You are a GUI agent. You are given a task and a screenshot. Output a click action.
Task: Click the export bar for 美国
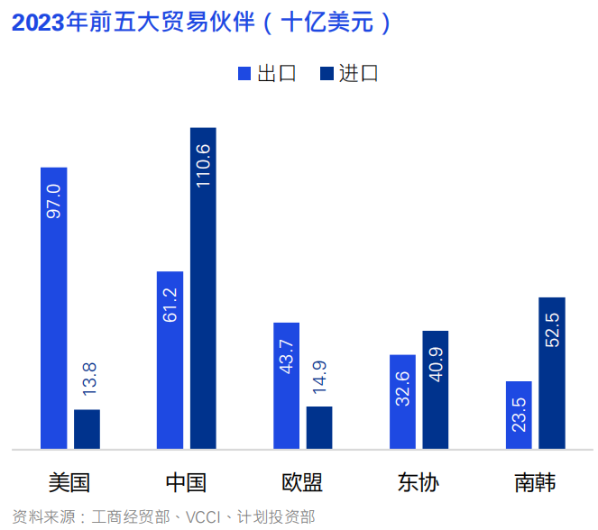[54, 307]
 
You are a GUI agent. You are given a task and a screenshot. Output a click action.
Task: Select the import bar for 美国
[87, 429]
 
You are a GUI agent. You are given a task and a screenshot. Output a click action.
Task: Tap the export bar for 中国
[170, 360]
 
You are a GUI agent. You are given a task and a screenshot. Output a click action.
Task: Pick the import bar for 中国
[203, 288]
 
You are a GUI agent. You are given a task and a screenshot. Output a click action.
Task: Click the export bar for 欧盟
[286, 385]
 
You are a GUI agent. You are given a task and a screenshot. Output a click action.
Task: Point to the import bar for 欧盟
[319, 427]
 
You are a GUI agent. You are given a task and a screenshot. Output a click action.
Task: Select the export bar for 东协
[402, 401]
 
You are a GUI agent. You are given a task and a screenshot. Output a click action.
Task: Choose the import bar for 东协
[435, 389]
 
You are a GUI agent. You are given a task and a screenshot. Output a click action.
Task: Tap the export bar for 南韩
[519, 415]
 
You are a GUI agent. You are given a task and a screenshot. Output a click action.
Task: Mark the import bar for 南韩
[551, 372]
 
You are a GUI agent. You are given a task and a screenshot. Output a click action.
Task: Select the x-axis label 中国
[186, 482]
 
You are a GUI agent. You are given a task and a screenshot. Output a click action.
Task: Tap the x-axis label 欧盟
[302, 482]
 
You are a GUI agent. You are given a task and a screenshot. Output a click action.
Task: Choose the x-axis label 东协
[419, 482]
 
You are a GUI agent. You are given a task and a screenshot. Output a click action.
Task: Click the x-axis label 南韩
[535, 482]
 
